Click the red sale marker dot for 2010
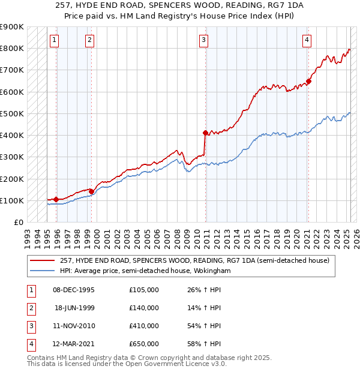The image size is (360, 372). pos(205,133)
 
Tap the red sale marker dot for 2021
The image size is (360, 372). pos(308,81)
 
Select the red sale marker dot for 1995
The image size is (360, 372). pos(56,199)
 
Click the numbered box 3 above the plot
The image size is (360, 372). pos(204,40)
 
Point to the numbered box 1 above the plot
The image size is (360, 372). pos(54,40)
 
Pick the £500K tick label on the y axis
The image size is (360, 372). pos(12,113)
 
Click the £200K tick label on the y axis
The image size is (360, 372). pos(12,179)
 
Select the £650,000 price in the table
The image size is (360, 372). pos(144,344)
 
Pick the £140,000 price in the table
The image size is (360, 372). pos(144,308)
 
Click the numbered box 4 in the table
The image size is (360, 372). pos(30,344)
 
